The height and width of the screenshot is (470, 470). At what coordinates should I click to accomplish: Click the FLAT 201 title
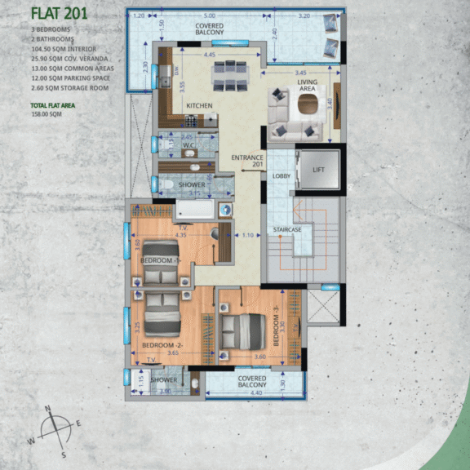click(x=59, y=13)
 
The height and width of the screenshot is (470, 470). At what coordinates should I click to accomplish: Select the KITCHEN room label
click(x=200, y=107)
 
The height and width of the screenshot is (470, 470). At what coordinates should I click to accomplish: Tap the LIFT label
click(x=319, y=170)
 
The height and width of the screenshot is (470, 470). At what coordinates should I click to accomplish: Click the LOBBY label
click(x=282, y=175)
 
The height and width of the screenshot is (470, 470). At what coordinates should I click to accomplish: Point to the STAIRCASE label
click(x=286, y=230)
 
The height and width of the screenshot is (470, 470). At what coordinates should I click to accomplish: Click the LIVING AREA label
click(x=308, y=85)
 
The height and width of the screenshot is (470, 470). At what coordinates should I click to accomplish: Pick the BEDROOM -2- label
click(x=161, y=345)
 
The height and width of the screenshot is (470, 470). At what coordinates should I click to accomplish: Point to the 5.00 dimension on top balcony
click(x=210, y=16)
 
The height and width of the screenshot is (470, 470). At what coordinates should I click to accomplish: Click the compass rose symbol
click(x=55, y=429)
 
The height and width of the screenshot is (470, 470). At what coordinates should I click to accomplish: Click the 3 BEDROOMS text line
click(x=51, y=29)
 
